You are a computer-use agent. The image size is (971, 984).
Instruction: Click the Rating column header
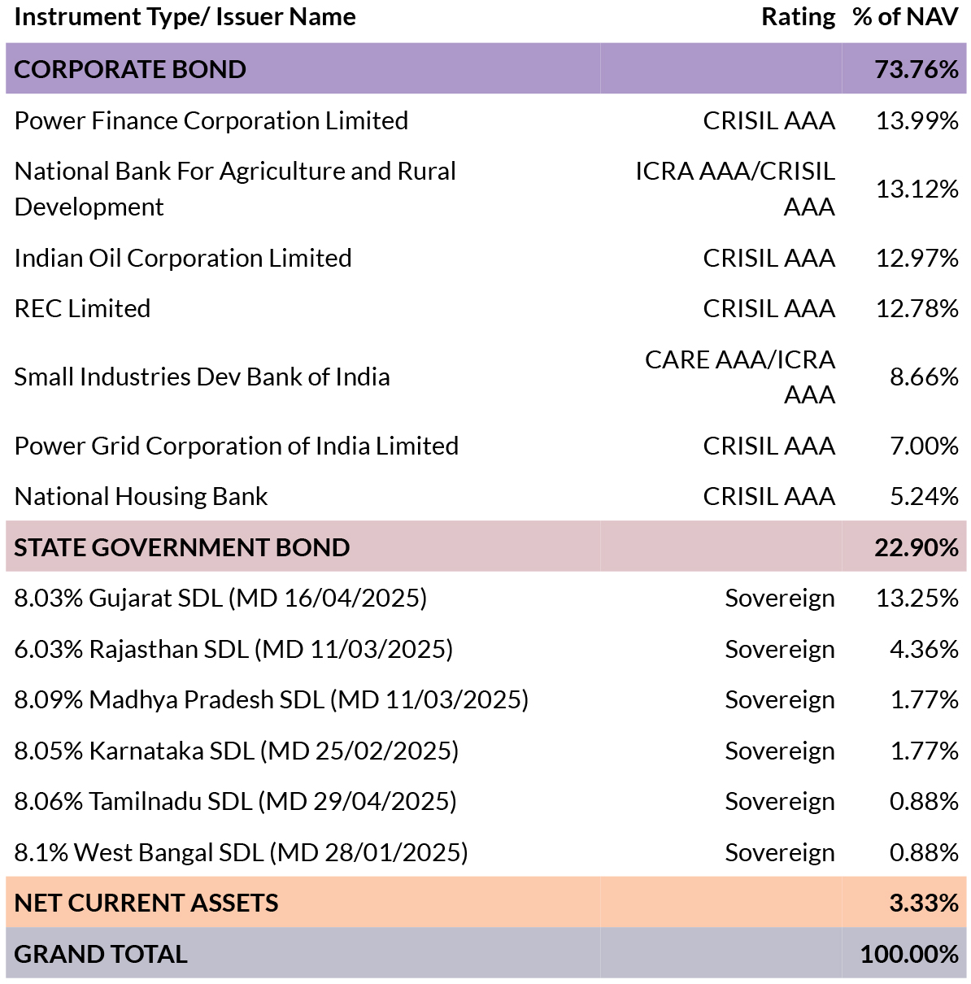798,17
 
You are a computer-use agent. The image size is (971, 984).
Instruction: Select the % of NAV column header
905,17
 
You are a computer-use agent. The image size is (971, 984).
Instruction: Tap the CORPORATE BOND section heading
130,69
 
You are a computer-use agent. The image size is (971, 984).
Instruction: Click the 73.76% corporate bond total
917,69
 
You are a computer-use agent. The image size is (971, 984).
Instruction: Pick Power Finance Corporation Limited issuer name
211,121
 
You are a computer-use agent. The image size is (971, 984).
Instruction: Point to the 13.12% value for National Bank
917,189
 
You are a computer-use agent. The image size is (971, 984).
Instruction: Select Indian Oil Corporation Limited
183,258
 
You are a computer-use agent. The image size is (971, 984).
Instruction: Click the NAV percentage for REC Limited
917,308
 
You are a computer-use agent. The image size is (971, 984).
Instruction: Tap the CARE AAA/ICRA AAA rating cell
739,377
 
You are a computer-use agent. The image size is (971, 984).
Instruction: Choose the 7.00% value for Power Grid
924,446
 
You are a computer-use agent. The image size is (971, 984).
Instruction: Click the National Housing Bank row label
141,496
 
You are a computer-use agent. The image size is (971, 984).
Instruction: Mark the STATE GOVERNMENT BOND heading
182,547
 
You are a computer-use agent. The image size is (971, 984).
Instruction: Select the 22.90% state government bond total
917,547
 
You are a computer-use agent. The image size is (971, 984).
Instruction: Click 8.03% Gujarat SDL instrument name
220,598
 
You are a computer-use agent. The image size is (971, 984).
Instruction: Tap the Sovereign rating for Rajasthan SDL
780,650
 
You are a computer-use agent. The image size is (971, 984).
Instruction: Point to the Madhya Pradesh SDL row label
272,699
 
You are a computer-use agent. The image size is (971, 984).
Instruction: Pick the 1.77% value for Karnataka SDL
924,751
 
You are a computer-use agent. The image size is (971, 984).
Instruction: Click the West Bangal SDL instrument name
241,852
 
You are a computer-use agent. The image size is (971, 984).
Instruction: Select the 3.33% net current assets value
924,903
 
